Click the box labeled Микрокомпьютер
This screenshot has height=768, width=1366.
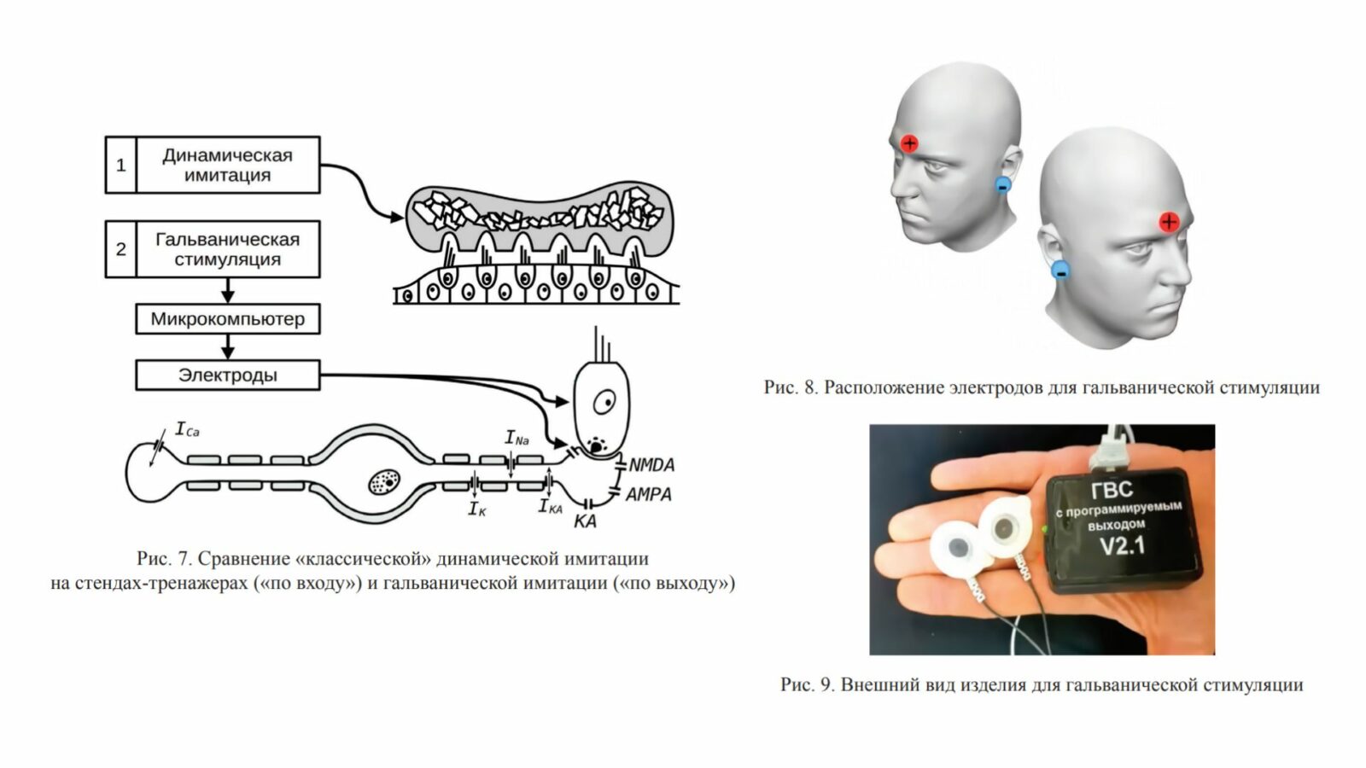tap(227, 319)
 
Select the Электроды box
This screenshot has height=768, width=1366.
tap(227, 375)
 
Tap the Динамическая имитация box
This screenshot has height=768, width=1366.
tap(227, 165)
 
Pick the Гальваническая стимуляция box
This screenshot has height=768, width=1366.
tap(227, 249)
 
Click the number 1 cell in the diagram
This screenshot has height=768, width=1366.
tap(120, 165)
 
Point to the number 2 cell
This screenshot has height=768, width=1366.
tap(120, 249)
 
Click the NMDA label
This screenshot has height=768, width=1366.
tap(651, 465)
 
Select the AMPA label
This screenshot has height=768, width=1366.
tap(648, 494)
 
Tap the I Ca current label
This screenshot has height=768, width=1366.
tap(186, 429)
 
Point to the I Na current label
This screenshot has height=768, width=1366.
tap(517, 439)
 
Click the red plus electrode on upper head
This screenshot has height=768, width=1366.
tap(909, 143)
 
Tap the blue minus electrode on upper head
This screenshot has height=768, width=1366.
tap(1003, 184)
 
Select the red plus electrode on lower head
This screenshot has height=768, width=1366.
tap(1169, 223)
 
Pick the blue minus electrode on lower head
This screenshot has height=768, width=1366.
tap(1060, 271)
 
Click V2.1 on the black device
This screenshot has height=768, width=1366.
tap(1122, 545)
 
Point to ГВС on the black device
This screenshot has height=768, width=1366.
tap(1112, 490)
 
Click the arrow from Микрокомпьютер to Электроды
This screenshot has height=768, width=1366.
tap(227, 347)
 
